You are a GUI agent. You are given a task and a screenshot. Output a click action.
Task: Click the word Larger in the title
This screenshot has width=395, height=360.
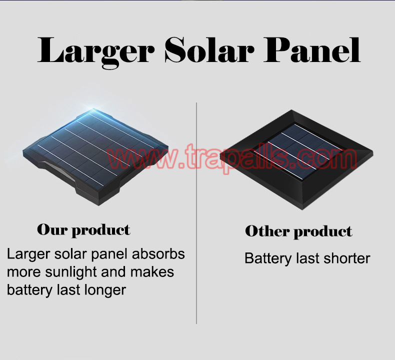click(95, 51)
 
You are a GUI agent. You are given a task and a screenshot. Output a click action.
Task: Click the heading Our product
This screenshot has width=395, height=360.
click(83, 230)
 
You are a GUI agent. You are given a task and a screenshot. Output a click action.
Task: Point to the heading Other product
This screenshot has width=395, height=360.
click(298, 231)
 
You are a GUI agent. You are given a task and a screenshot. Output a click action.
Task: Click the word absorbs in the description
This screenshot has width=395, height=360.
click(158, 254)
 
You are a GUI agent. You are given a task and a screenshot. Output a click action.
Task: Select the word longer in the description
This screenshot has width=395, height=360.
click(105, 290)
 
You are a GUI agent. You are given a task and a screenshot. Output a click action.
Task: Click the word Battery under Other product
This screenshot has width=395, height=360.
click(268, 259)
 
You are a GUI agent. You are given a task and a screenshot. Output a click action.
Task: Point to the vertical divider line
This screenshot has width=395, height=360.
click(196, 213)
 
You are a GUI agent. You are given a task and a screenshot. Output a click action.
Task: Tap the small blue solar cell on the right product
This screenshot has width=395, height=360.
click(305, 151)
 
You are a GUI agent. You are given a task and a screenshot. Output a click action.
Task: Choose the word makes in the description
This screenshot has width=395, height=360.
click(152, 272)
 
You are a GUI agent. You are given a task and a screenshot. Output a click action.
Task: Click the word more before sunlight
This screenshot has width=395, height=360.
click(23, 272)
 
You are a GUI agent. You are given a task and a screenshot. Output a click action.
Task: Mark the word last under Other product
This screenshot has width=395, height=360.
click(307, 258)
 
